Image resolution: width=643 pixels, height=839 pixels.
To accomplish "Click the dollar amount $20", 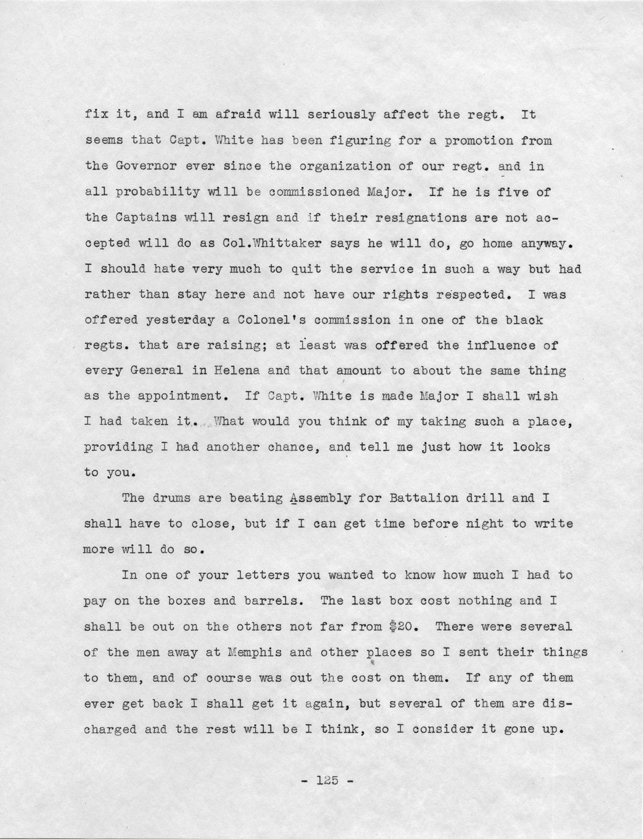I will click(404, 626).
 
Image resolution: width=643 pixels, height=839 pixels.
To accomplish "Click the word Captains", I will click(141, 218).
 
